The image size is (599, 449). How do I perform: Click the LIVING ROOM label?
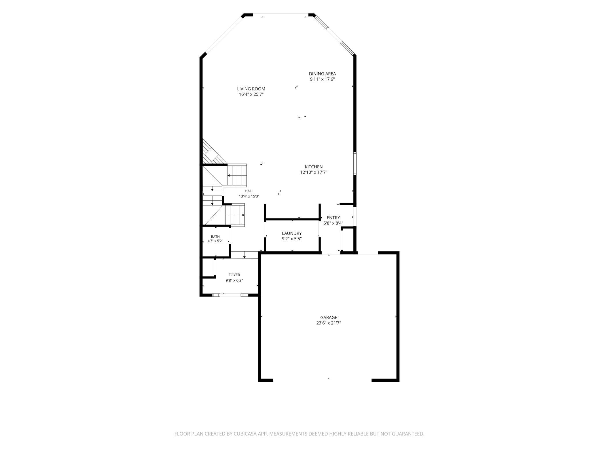251,89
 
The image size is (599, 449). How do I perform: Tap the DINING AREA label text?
322,74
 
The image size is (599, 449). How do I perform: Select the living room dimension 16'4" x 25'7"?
251,94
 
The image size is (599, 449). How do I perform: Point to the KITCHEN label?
314,167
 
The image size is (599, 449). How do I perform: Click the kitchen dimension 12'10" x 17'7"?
314,172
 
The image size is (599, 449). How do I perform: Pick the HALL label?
249,191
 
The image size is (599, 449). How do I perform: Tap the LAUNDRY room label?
292,233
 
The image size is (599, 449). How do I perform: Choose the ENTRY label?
333,218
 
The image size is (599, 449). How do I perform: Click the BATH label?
215,237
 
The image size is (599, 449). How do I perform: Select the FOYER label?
234,275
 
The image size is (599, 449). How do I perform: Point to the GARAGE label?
329,317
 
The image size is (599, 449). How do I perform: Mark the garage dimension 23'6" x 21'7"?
329,323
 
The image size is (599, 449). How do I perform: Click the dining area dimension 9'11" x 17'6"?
322,79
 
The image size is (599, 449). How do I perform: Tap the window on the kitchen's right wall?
355,163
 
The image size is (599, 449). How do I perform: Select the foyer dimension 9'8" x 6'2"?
234,280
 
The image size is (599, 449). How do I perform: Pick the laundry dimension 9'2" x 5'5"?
292,239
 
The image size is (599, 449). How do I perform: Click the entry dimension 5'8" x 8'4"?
333,223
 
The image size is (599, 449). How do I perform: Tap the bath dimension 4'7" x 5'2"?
215,241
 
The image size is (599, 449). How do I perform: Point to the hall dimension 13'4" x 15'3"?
249,196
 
